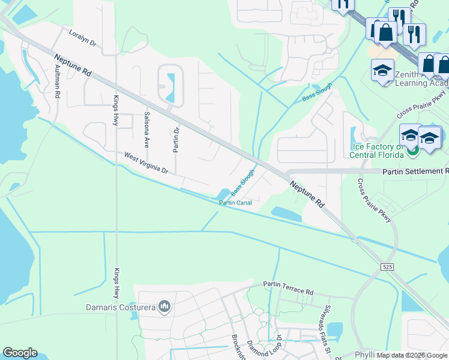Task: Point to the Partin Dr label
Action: (x=176, y=139)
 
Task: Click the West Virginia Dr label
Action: (x=146, y=163)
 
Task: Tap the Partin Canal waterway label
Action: (x=235, y=203)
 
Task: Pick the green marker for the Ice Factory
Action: (x=412, y=150)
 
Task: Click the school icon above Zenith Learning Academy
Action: (x=382, y=71)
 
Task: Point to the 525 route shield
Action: (x=387, y=265)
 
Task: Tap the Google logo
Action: (x=20, y=353)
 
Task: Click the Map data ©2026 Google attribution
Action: (x=412, y=355)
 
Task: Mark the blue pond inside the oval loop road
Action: (x=170, y=86)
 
